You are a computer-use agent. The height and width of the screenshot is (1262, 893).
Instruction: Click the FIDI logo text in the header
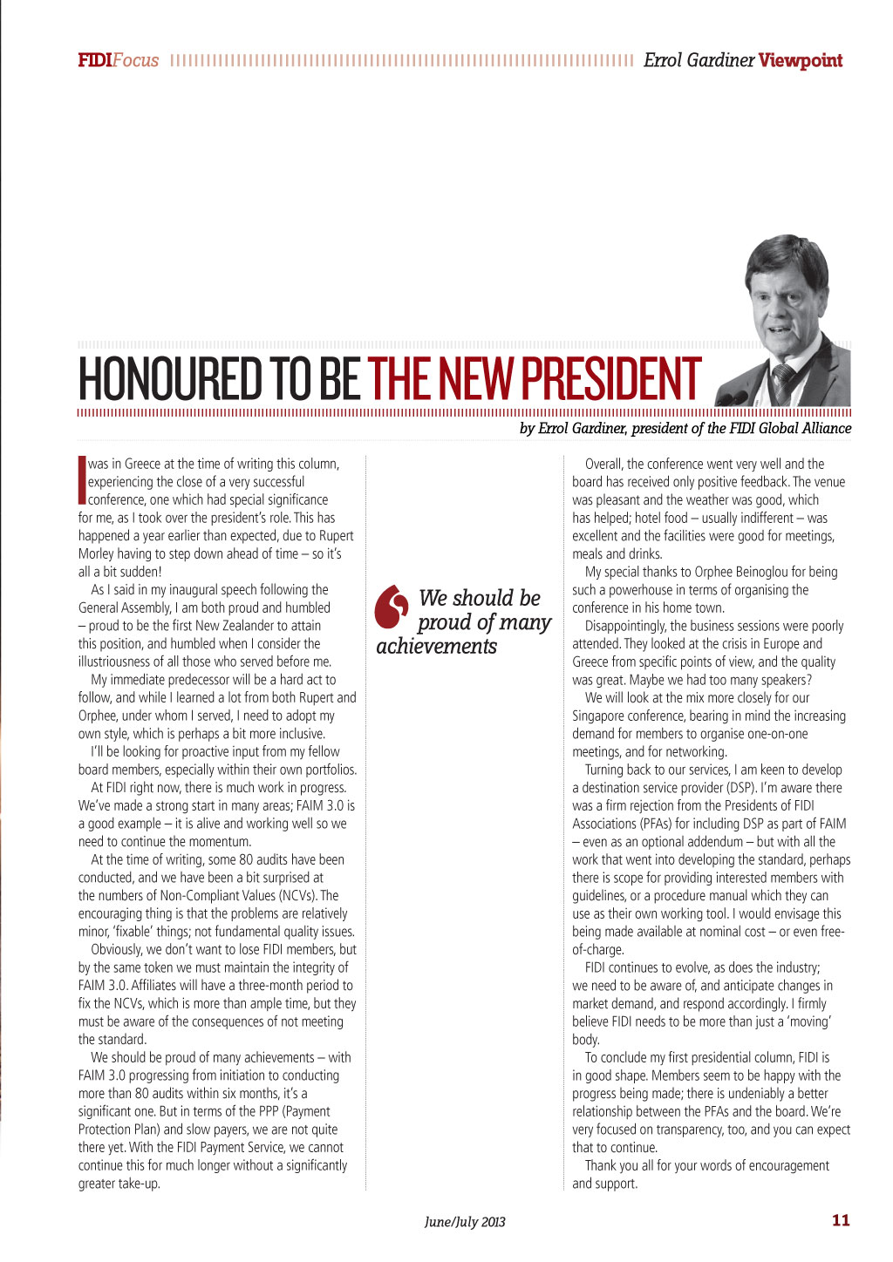94,60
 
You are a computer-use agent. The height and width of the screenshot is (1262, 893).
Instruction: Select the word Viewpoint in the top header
800,60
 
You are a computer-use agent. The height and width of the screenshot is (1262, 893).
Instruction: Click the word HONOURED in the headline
170,379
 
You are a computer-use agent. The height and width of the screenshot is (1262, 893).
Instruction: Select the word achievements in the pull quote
436,647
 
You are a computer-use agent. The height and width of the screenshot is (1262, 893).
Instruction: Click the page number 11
841,1220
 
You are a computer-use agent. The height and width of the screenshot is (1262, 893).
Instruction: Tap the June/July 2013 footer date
465,1222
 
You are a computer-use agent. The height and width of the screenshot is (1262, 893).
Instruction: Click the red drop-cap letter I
82,479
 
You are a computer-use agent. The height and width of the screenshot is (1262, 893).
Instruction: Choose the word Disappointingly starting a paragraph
625,626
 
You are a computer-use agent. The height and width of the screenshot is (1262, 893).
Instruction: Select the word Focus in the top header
136,60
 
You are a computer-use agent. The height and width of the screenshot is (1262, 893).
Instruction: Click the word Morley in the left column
96,553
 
